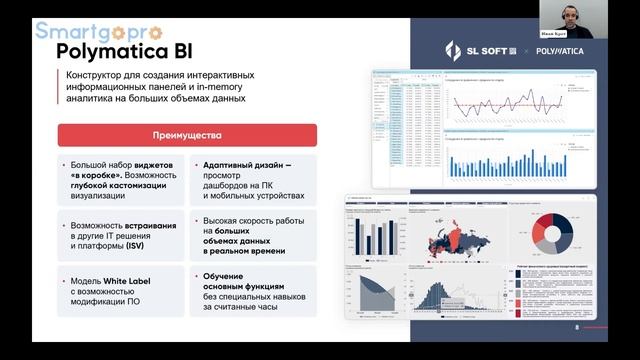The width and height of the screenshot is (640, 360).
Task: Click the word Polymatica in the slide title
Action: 105,50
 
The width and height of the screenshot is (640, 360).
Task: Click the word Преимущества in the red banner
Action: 187,135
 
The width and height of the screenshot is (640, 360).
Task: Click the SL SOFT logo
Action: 478,50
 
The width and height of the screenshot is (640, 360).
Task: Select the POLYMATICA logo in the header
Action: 560,50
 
